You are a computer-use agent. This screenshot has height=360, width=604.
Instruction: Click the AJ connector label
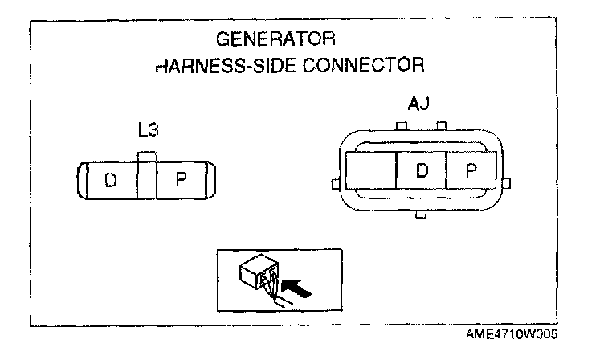pyautogui.click(x=418, y=104)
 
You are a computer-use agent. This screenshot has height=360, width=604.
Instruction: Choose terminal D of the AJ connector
pyautogui.click(x=422, y=170)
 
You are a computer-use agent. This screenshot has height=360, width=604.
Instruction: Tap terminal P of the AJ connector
pyautogui.click(x=471, y=170)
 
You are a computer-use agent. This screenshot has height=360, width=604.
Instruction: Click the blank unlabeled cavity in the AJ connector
pyautogui.click(x=372, y=170)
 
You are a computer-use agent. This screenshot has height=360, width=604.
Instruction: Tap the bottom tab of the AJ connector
pyautogui.click(x=419, y=215)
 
